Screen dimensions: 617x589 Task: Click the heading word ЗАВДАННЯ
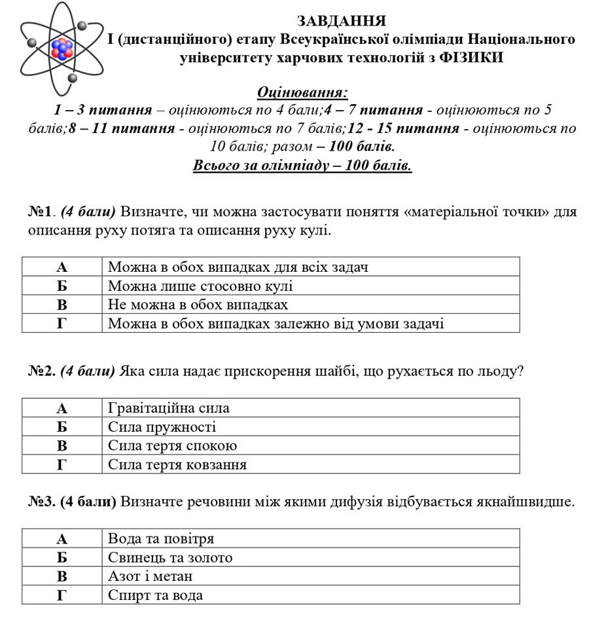point(341,21)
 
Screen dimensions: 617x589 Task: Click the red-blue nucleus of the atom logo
point(62,49)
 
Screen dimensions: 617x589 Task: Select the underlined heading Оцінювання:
point(302,92)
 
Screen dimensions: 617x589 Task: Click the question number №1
point(41,212)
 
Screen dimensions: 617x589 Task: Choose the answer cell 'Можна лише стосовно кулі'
point(200,286)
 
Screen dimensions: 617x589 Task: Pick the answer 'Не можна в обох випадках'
point(198,305)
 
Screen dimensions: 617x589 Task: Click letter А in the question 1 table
point(62,267)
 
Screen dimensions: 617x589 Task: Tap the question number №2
point(42,371)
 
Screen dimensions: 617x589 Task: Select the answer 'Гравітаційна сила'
point(169,408)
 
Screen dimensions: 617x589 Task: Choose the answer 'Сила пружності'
point(162,427)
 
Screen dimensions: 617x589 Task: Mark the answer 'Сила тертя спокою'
point(172,446)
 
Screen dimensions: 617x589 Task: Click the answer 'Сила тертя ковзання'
point(177,465)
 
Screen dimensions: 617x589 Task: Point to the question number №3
point(42,502)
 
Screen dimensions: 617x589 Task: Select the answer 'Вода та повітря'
point(161,539)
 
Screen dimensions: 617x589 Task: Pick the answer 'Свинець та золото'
point(170,558)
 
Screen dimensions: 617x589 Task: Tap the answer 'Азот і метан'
point(151,576)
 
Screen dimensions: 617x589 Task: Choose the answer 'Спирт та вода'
point(155,595)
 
